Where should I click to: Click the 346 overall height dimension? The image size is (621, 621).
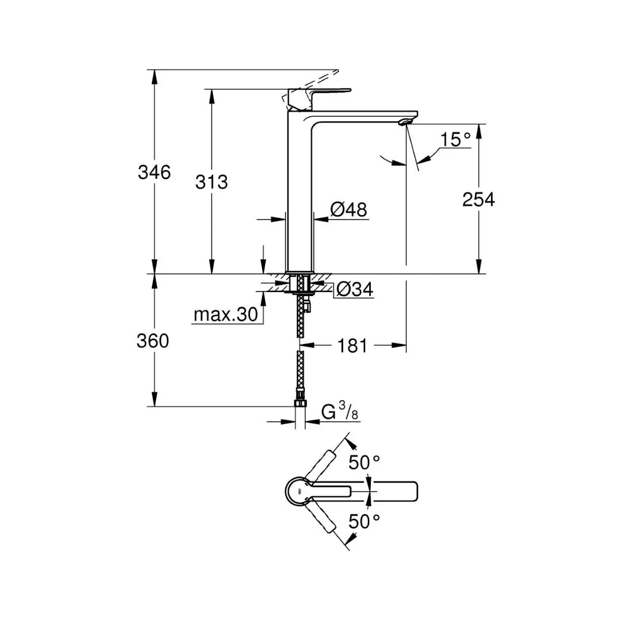[x=154, y=172]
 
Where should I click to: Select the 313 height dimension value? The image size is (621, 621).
[x=212, y=182]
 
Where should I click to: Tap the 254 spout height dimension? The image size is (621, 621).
[x=478, y=200]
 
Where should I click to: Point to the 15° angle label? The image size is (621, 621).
[x=455, y=140]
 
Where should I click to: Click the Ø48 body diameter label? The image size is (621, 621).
[x=349, y=210]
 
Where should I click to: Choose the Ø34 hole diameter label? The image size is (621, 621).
[x=354, y=290]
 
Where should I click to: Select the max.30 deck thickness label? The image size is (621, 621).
[x=225, y=315]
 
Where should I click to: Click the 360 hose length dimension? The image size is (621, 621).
[x=153, y=341]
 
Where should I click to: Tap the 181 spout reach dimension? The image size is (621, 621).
[x=352, y=346]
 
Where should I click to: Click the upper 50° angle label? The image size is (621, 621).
[x=365, y=462]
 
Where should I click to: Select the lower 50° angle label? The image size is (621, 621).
[x=365, y=522]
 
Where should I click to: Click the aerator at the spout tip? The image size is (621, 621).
[x=406, y=121]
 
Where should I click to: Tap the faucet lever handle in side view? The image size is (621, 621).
[x=319, y=92]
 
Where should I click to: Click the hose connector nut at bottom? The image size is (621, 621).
[x=299, y=398]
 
